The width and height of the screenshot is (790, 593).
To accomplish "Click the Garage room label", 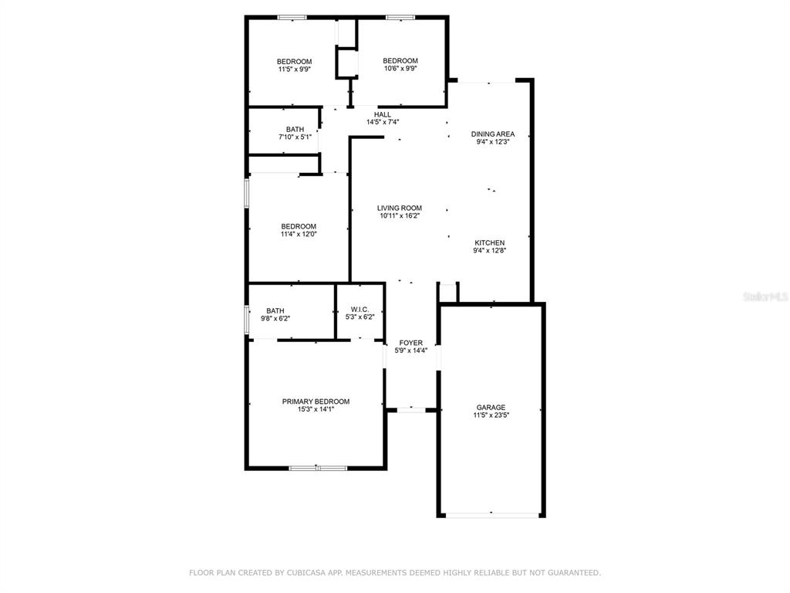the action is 491,408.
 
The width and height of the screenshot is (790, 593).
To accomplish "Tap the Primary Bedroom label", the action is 316,402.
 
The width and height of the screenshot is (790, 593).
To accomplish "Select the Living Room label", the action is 400,208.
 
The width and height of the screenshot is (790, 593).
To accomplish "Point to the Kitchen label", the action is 489,242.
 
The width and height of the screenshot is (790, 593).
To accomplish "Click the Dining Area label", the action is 493,134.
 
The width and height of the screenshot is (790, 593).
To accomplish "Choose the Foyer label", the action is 411,343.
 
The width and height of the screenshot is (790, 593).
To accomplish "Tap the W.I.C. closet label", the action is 360,309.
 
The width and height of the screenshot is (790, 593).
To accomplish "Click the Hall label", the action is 383,114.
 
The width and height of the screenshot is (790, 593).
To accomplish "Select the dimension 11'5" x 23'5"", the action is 491,415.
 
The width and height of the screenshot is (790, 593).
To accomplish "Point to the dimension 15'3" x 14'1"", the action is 316,409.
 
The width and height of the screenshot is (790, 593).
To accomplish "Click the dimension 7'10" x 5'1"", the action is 295,137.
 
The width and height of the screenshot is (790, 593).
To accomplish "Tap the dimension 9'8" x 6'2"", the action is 275,319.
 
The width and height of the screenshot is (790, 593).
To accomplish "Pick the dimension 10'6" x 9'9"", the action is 400,69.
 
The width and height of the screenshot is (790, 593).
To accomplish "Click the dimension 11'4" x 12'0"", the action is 299,234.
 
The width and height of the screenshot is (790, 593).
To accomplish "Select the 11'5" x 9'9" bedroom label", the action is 294,66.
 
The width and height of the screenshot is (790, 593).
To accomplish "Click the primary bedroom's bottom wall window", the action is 318,469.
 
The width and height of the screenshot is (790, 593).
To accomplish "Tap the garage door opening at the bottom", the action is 491,515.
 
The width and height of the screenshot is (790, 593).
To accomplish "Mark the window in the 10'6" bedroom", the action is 400,18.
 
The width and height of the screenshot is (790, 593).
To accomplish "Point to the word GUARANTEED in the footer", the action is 574,573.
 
